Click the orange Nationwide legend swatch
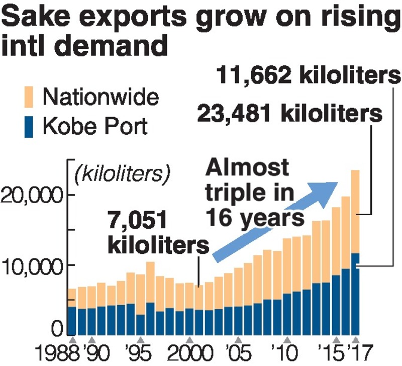(x=30, y=96)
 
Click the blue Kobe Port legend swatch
(x=30, y=126)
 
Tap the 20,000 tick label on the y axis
(x=31, y=195)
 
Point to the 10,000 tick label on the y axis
(x=31, y=265)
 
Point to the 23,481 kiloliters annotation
(x=290, y=113)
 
